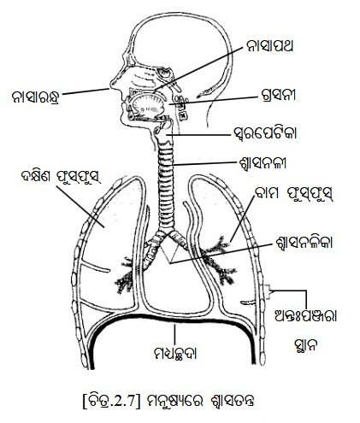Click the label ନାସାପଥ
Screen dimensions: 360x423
(x=269, y=47)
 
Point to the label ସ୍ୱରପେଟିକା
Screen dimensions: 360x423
(x=264, y=133)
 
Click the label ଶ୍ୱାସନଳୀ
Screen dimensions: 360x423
(x=263, y=163)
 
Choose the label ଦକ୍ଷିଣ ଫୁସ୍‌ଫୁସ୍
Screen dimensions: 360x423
(x=61, y=178)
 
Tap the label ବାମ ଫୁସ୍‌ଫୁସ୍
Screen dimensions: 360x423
(x=293, y=195)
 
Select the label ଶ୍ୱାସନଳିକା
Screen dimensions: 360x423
(x=300, y=243)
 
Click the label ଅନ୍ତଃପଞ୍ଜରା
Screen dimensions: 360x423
(x=304, y=316)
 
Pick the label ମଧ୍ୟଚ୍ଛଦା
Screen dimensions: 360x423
(x=175, y=353)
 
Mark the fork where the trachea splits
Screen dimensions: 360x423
(x=167, y=233)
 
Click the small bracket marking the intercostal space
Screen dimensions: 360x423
(x=268, y=292)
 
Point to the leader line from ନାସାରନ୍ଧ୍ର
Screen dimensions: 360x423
(x=86, y=91)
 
